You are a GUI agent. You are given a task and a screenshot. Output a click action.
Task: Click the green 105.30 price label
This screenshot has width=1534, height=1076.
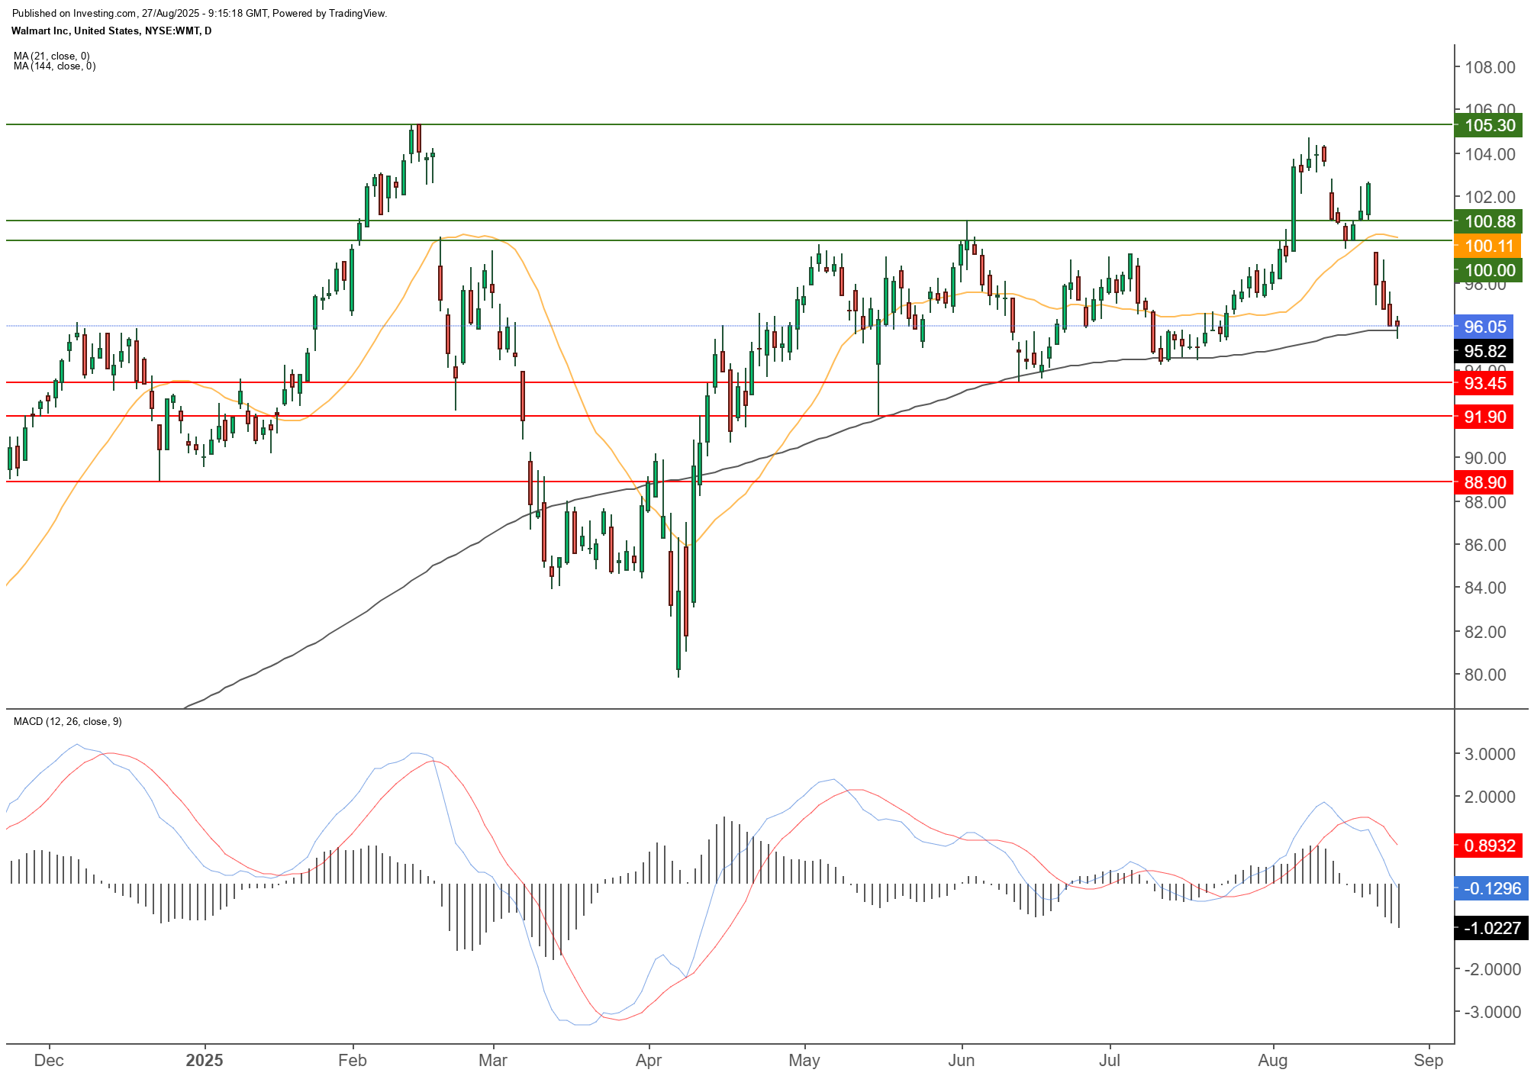(1489, 125)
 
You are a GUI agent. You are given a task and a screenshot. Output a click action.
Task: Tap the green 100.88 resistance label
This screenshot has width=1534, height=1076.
(1489, 221)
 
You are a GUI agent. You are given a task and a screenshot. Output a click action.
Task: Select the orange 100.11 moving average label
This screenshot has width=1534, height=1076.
(1489, 246)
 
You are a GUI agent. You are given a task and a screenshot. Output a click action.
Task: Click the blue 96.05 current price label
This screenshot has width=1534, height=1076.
(1484, 327)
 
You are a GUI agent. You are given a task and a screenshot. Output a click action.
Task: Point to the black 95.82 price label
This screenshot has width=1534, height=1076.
(1484, 351)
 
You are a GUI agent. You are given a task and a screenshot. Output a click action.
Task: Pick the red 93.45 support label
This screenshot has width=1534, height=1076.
(1484, 383)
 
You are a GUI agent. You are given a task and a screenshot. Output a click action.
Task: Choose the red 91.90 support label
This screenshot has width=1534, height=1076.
(1484, 417)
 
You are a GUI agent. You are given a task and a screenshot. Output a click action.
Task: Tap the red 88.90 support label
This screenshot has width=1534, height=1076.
(1484, 482)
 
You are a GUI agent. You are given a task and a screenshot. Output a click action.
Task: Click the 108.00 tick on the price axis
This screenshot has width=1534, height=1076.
(1489, 67)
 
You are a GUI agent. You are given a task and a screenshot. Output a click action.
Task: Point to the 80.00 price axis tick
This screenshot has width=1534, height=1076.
(1484, 675)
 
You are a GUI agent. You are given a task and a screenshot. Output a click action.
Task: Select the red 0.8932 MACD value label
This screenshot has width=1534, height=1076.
(1489, 846)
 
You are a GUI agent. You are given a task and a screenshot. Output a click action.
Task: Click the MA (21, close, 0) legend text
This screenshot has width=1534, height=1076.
(51, 56)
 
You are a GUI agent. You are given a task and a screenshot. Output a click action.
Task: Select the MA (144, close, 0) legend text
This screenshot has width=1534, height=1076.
(54, 66)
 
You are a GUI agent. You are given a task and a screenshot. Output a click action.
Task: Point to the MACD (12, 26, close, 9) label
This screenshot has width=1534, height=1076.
(67, 721)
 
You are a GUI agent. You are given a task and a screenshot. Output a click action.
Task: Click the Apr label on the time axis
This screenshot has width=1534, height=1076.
(649, 1060)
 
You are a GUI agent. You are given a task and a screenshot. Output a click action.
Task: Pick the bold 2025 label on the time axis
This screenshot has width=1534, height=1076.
(205, 1060)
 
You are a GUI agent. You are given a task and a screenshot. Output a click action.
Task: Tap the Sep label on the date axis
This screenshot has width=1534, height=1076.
(1428, 1060)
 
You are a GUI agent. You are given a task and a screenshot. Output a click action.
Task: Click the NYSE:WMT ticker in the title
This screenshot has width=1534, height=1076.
(172, 31)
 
